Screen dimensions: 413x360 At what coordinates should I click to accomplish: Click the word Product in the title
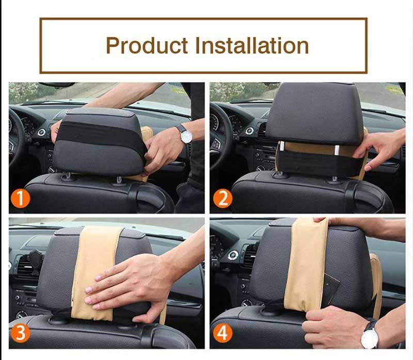147,45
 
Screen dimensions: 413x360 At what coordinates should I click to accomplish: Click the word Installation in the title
252,45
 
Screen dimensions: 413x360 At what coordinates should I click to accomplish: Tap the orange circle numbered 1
20,199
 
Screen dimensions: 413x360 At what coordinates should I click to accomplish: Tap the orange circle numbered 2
223,199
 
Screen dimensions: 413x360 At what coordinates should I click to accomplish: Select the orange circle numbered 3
20,333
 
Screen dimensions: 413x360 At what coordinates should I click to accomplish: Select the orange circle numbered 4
223,333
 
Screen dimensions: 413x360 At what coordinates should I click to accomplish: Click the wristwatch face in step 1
187,137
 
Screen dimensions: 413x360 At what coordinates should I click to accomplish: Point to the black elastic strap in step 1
101,134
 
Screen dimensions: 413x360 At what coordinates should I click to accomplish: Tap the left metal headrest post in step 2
281,146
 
